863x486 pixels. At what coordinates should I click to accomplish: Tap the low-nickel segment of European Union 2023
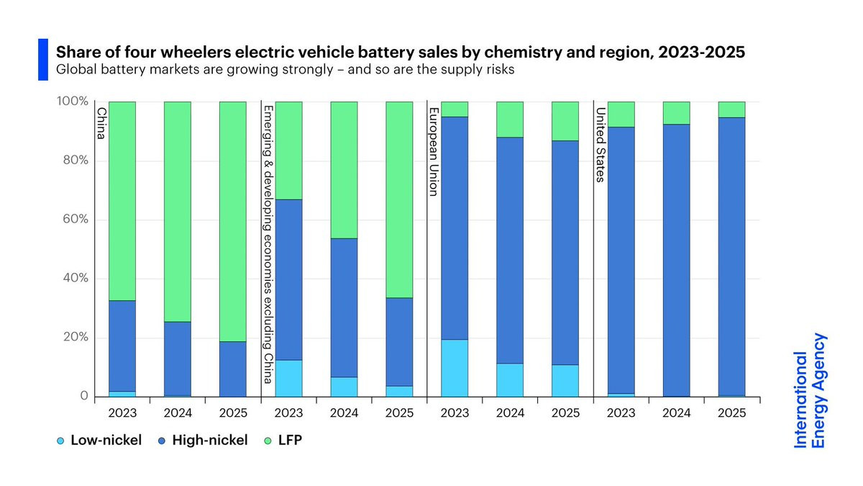coord(455,368)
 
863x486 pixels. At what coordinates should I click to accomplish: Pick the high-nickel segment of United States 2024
coord(676,260)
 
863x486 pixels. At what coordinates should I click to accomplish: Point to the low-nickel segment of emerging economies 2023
coord(288,378)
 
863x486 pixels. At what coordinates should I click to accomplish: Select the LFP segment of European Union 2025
coord(565,121)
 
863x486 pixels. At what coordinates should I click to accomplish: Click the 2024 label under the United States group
coord(676,414)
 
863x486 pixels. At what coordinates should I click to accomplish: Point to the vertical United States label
coord(598,144)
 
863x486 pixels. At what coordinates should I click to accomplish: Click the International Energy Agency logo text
coord(811,391)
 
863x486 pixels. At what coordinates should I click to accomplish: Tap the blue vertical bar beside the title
coord(42,60)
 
